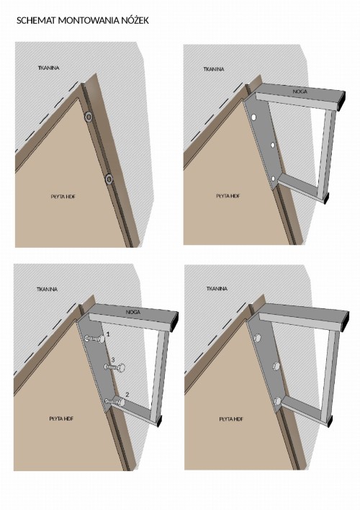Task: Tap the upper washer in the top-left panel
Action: (x=89, y=117)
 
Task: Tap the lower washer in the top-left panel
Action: (x=109, y=179)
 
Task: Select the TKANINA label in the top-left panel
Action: (x=49, y=68)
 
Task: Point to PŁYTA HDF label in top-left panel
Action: (x=64, y=197)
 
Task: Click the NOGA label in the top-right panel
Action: (x=300, y=91)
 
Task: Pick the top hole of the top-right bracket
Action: (x=253, y=117)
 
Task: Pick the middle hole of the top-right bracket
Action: (x=273, y=145)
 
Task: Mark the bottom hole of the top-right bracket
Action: (x=273, y=178)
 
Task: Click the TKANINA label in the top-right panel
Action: (x=214, y=69)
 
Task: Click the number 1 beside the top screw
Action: (x=108, y=334)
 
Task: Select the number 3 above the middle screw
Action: (x=113, y=359)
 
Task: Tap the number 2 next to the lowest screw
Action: (x=127, y=395)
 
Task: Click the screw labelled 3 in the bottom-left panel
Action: (x=114, y=367)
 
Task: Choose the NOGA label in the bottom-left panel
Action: (x=133, y=312)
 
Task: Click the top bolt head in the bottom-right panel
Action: (x=258, y=338)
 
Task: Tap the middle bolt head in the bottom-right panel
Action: (x=276, y=366)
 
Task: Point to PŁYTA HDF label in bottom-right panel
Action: (x=231, y=419)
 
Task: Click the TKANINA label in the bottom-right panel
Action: (x=217, y=289)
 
